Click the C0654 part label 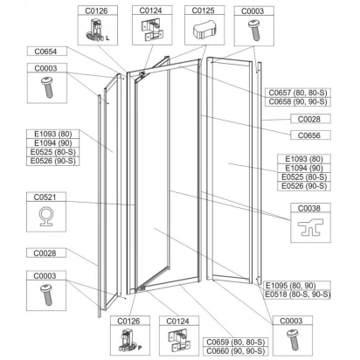pos(45,52)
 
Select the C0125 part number pos(204,10)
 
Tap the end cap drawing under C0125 pos(204,31)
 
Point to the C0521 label pos(45,197)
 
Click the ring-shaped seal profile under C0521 pos(45,217)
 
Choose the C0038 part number pos(309,208)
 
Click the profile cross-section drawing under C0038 pos(310,227)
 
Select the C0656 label pos(309,135)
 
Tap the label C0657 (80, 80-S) pos(298,93)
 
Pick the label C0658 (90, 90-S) pos(298,102)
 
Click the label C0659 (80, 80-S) pos(236,342)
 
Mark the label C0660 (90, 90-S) pos(236,351)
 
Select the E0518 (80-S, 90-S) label pos(298,294)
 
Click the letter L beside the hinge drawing pos(107,38)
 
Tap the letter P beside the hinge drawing pos(140,348)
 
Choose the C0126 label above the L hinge pos(96,10)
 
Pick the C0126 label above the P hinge pos(128,321)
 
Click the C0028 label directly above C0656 pos(309,119)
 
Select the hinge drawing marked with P pos(128,340)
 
